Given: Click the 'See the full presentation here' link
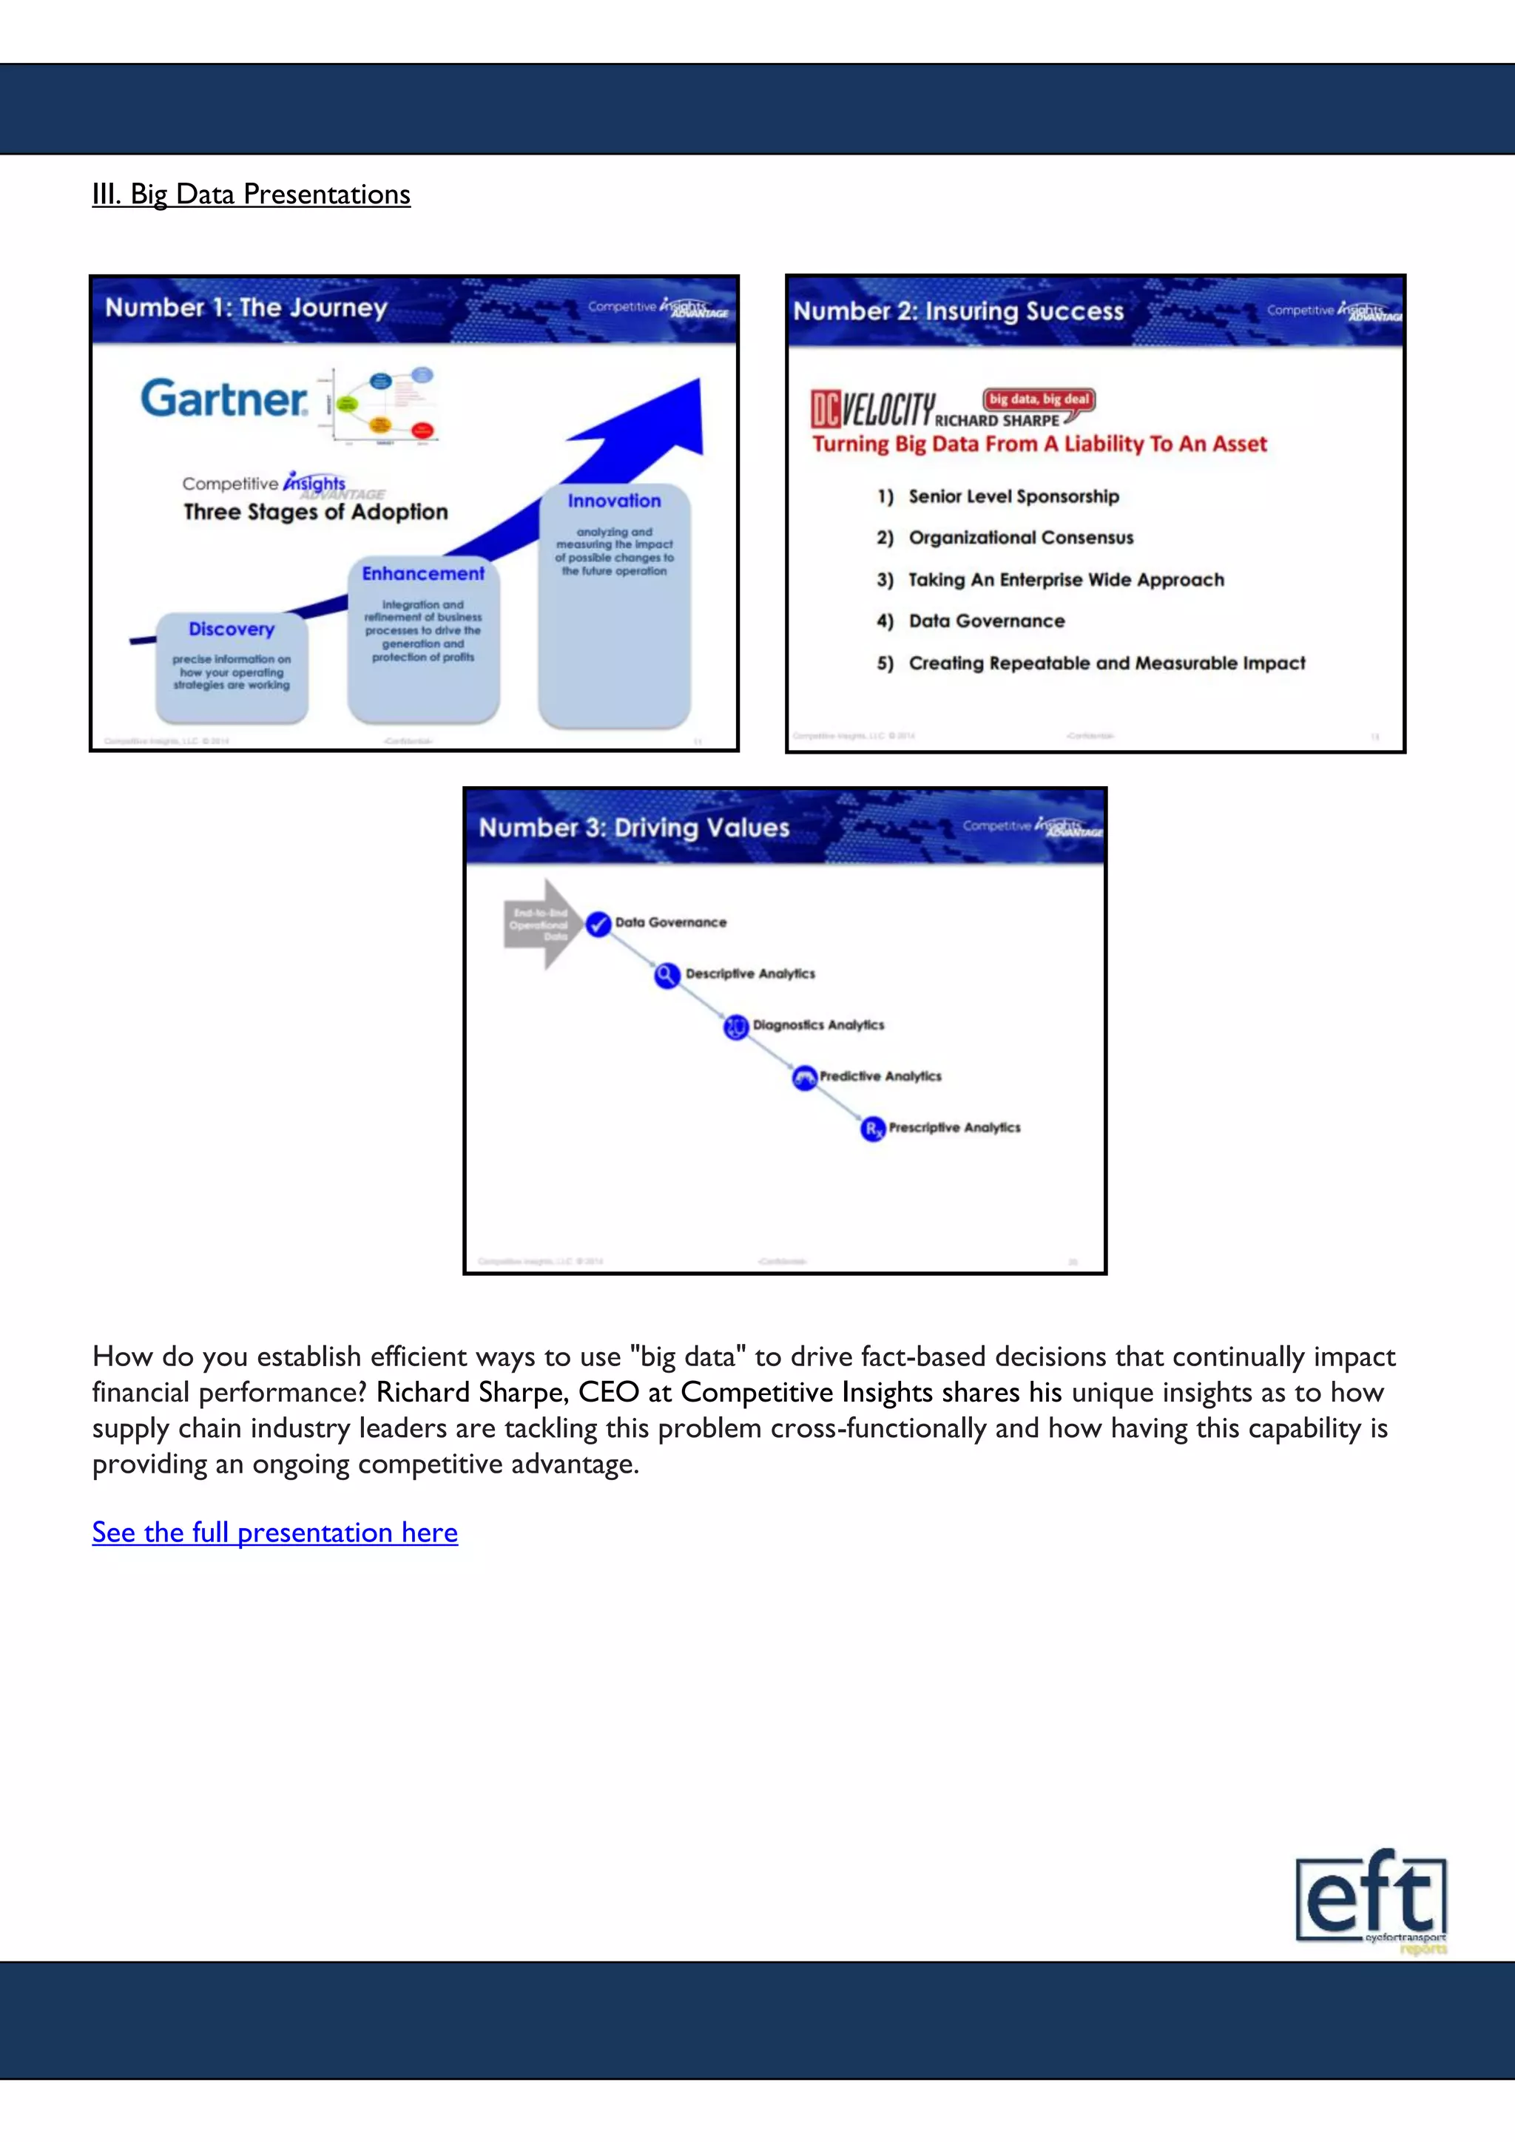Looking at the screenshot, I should (274, 1532).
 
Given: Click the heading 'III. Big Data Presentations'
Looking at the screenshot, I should (251, 194).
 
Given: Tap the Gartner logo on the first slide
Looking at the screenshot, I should (224, 399).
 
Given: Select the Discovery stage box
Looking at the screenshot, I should (232, 666).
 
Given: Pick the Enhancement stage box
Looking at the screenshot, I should (424, 639).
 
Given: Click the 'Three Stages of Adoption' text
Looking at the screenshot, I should (315, 512).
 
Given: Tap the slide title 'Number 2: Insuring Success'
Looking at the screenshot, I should (958, 311).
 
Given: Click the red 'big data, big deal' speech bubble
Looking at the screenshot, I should (1039, 399).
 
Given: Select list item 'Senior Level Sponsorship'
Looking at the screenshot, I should (1013, 496).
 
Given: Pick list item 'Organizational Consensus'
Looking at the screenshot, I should (1021, 538).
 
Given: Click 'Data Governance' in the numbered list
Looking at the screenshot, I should (986, 621).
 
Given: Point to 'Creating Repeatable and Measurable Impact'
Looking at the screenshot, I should (1107, 663).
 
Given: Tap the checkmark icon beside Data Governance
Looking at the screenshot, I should (598, 924).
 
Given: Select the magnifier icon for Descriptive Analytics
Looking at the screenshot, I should (666, 976).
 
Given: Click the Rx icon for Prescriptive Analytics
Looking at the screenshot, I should (872, 1129).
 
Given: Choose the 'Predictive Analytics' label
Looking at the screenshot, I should (880, 1077).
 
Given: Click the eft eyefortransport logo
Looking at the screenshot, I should (1371, 1900).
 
